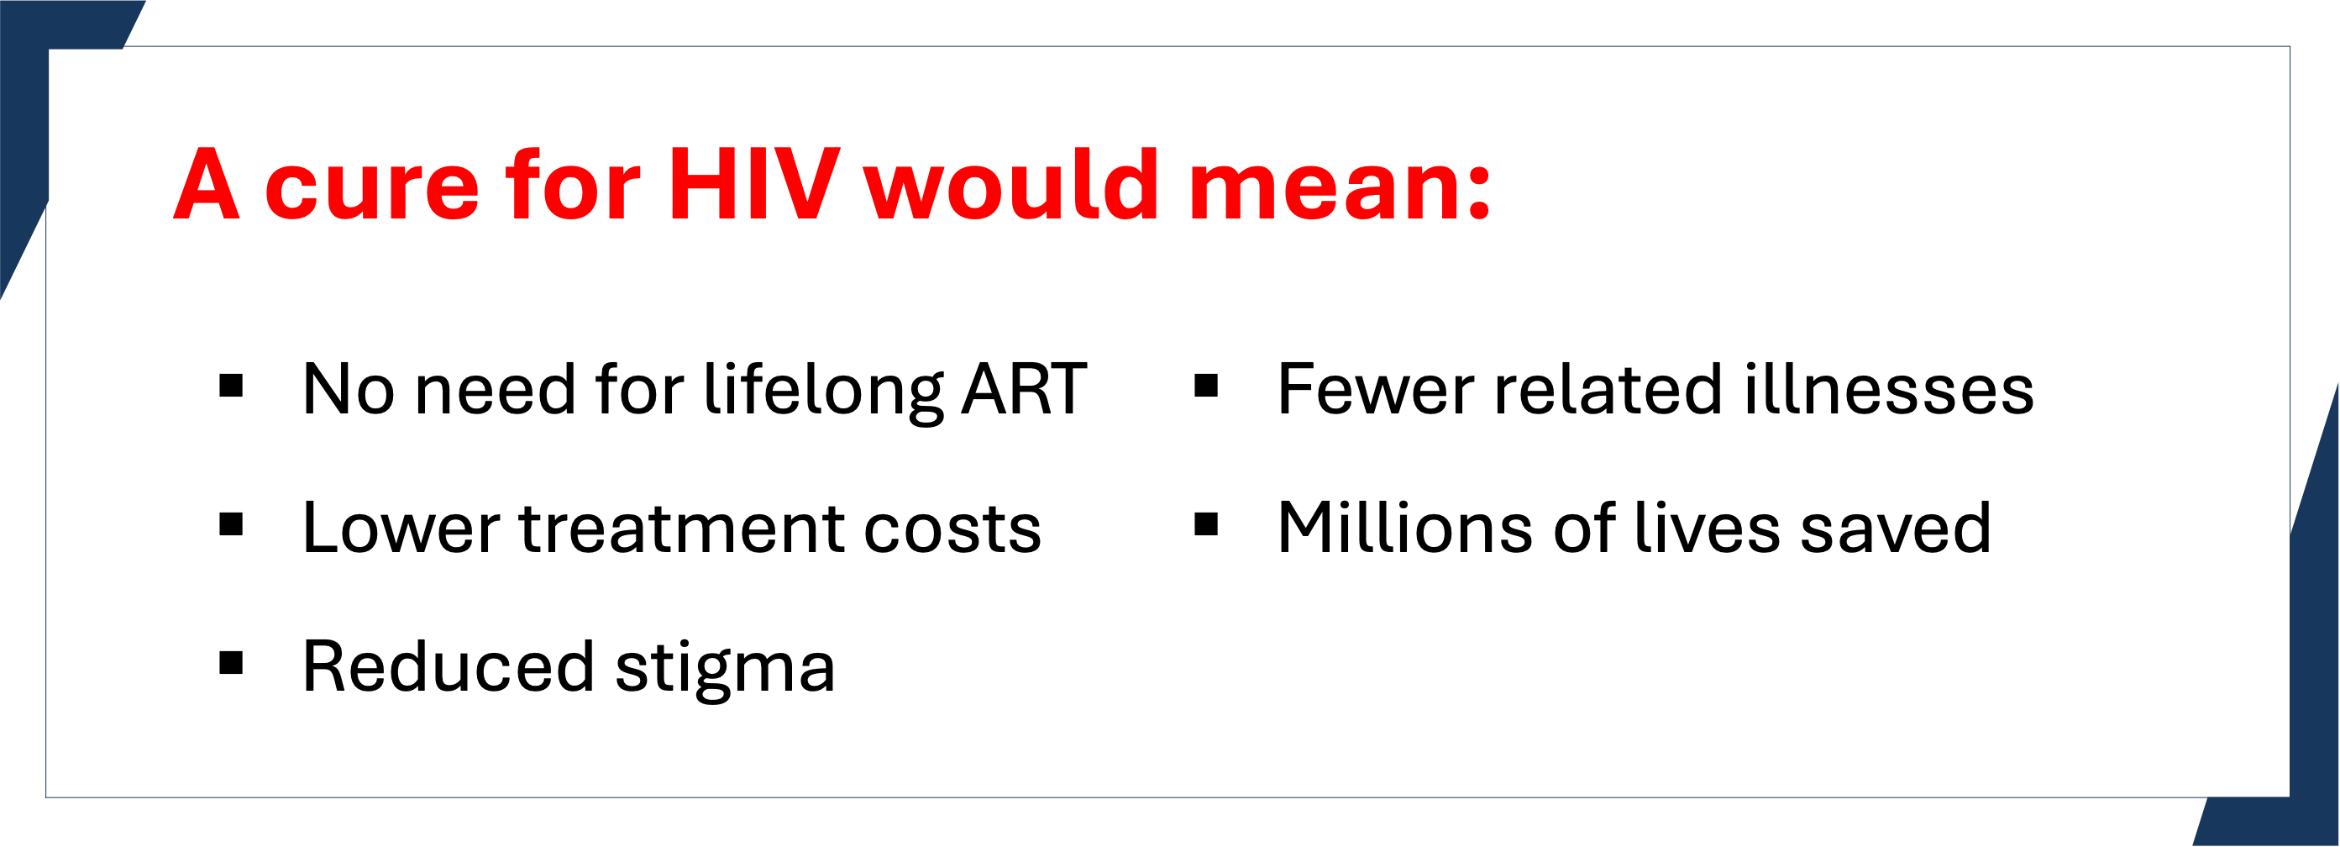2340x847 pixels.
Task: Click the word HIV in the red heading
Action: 754,185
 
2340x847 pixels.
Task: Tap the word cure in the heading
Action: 371,192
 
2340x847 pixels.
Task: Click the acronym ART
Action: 1025,389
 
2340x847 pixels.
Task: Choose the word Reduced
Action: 449,666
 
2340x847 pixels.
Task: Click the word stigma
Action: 725,671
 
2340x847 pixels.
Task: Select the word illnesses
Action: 1887,388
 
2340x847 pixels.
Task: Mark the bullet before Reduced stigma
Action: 232,664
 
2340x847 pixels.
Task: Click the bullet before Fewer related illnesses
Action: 1205,387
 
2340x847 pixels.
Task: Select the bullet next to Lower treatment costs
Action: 232,524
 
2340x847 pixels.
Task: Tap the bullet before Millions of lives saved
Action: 1205,524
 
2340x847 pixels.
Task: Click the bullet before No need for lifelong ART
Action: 232,387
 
